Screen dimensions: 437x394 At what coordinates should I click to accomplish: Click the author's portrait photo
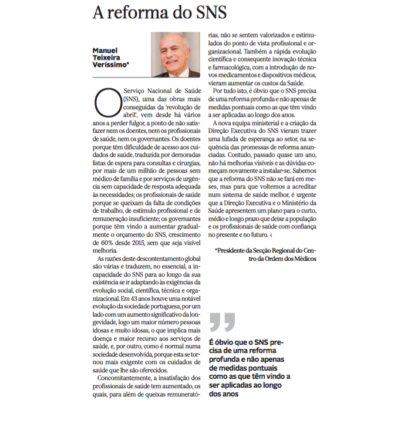(175, 54)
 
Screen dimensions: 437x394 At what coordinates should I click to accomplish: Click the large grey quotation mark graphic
(222, 322)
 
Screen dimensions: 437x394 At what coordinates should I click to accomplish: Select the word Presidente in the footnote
(237, 251)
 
